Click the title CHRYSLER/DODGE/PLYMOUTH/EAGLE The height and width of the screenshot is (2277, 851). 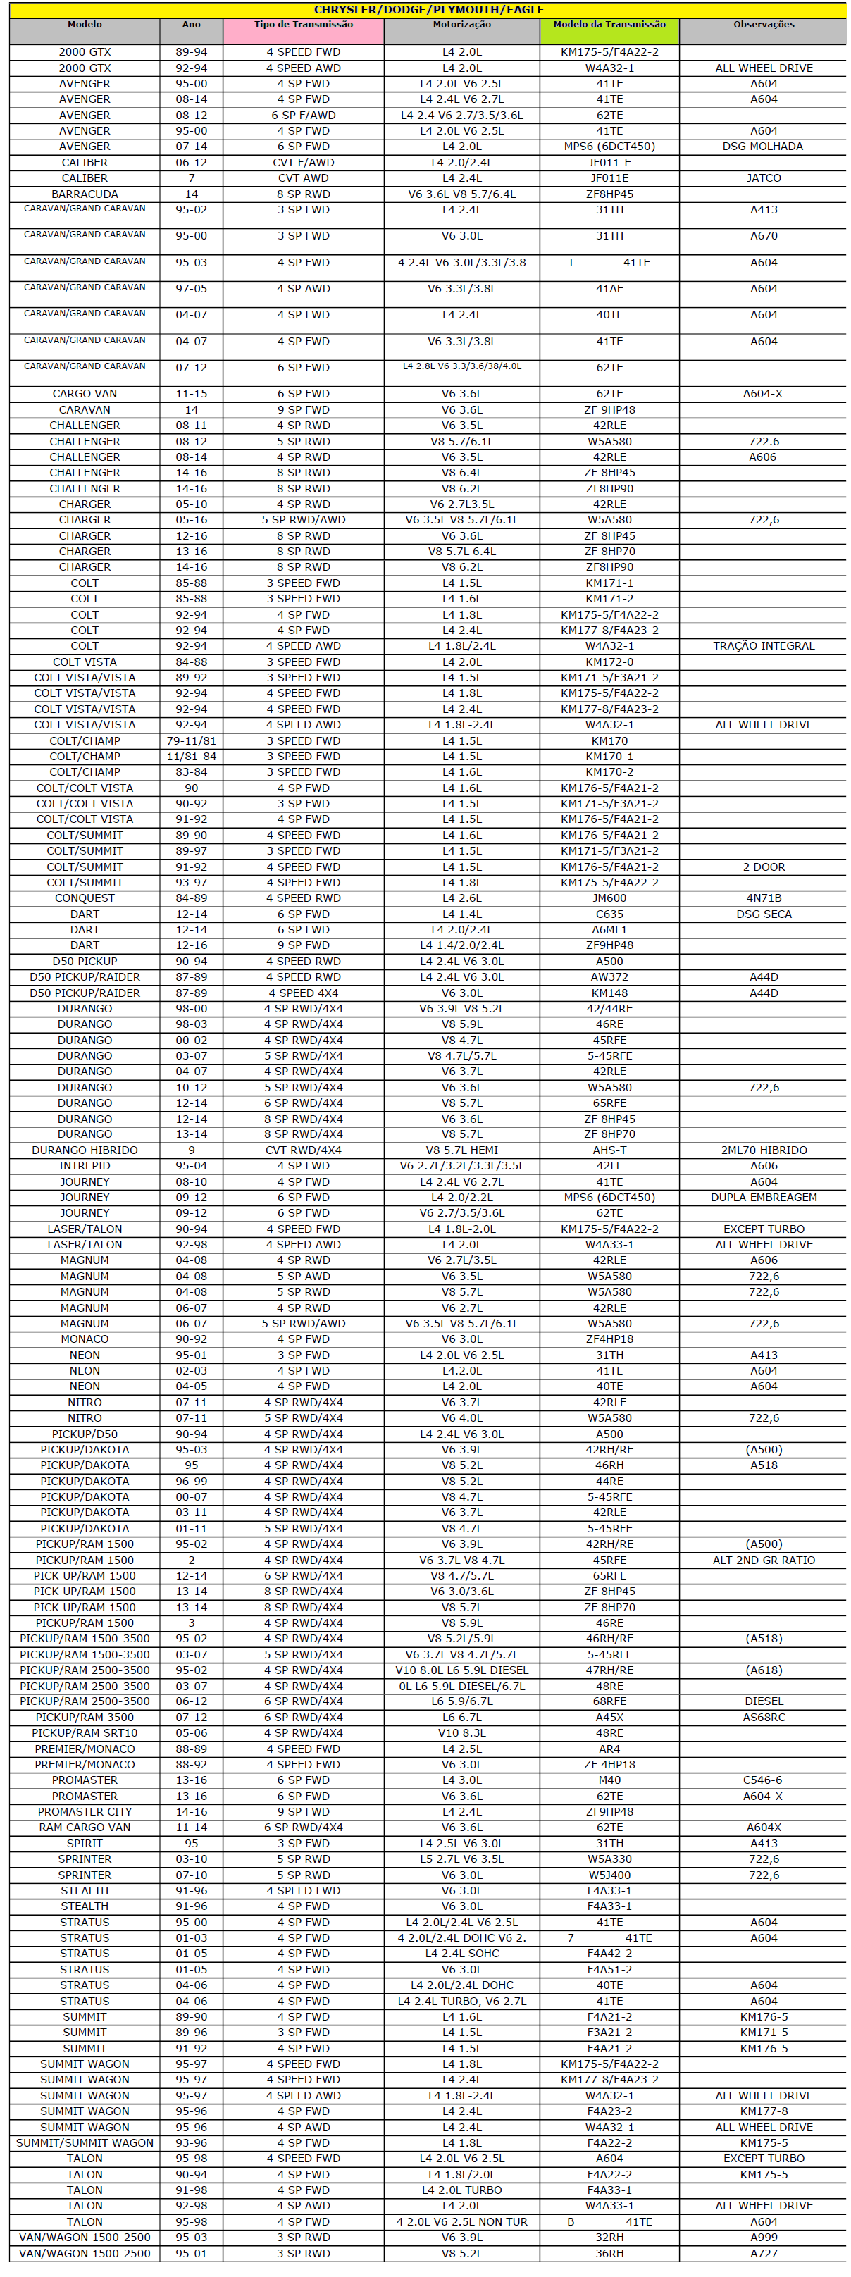coord(428,10)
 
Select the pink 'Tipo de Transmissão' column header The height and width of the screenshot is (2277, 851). coord(303,25)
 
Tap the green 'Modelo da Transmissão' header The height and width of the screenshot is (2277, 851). coord(609,25)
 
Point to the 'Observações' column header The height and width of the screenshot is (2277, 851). coord(763,25)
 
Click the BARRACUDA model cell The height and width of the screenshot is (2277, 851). coord(85,194)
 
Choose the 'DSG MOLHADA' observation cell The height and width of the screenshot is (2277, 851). coord(763,147)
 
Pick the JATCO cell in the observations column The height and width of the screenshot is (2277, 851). coord(763,178)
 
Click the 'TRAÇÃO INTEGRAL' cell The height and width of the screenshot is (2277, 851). coord(763,646)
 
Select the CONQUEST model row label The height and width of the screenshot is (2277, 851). coord(85,898)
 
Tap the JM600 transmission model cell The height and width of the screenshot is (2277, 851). coord(609,898)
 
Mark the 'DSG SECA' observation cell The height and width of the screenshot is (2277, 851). coord(763,914)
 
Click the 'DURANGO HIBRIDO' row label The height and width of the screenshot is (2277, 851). coord(85,1150)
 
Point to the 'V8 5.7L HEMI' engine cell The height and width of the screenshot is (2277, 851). coord(461,1150)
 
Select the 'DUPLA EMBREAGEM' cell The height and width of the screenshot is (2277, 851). coord(763,1198)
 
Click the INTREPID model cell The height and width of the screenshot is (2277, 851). coord(85,1166)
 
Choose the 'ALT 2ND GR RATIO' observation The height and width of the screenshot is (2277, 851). coord(763,1560)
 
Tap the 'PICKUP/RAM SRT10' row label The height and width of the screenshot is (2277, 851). coord(85,1732)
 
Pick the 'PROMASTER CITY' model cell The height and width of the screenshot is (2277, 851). coord(85,1811)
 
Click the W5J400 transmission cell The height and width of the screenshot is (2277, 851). coord(609,1875)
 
